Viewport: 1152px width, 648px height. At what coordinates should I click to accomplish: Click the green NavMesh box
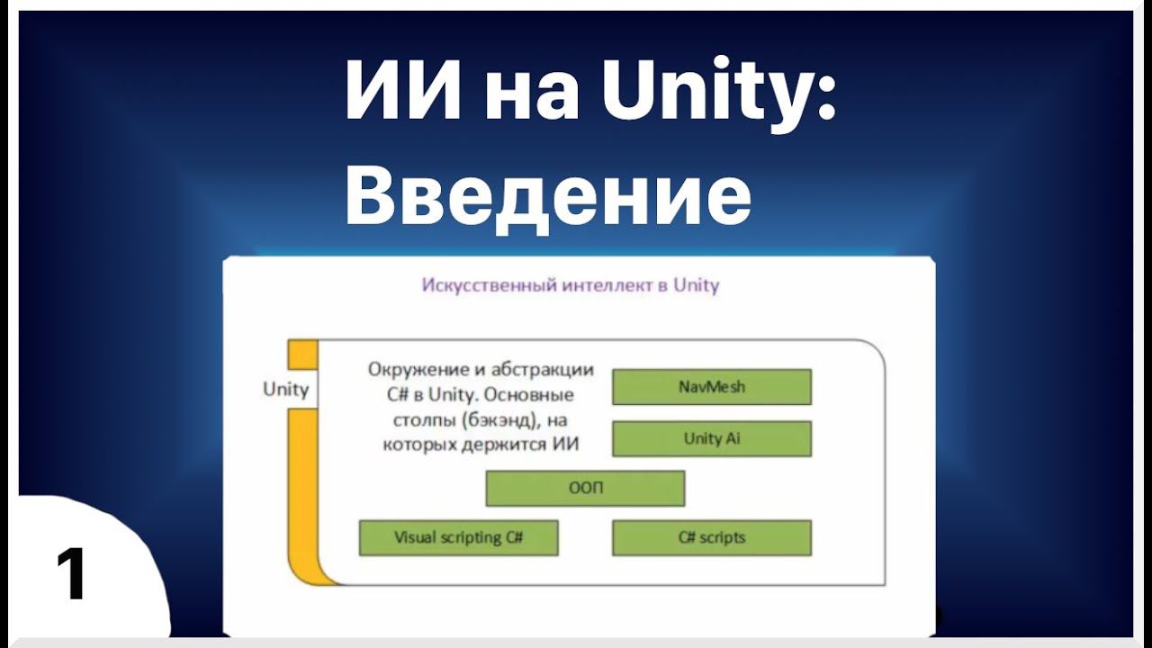point(711,387)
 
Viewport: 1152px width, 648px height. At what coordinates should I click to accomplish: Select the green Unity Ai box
point(711,439)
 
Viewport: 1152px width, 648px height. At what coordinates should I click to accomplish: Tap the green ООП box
point(585,489)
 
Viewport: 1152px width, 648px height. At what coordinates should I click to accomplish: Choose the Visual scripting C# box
point(458,538)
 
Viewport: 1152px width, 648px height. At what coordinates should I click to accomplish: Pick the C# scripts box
point(711,538)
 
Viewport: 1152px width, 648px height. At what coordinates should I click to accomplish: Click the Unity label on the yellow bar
point(285,389)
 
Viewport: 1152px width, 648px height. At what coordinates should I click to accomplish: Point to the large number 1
point(71,576)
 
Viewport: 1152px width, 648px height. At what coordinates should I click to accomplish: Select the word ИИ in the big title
point(401,93)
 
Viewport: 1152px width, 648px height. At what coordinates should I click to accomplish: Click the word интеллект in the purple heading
point(605,286)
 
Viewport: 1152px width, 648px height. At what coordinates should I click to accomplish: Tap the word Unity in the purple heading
point(696,286)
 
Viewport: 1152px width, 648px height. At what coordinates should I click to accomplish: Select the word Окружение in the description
point(417,370)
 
